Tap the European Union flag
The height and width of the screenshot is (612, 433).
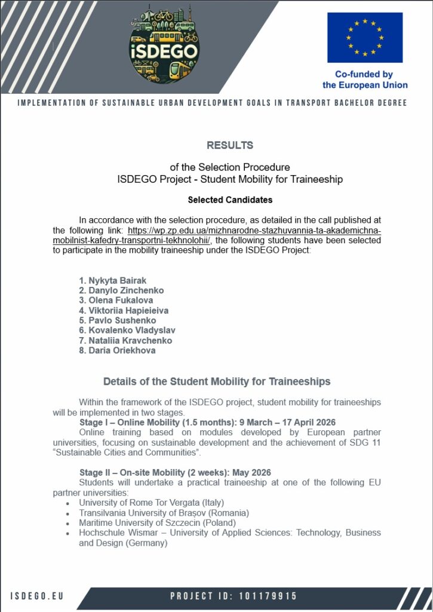tap(364, 37)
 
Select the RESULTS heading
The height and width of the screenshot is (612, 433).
tap(230, 145)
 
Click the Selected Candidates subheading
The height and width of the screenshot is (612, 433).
tap(230, 200)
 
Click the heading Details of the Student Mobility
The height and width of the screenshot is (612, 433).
tap(217, 381)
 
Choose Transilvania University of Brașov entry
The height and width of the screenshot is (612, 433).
tap(164, 513)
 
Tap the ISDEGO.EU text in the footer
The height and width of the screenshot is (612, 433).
tap(37, 596)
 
